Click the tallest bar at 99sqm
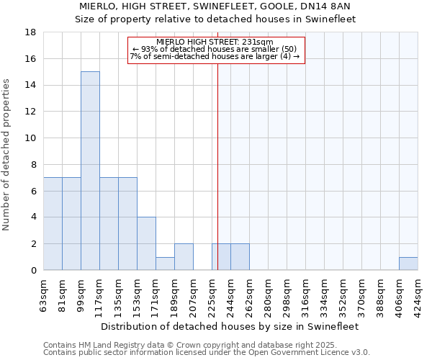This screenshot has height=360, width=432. [90, 171]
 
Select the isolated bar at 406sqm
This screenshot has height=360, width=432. [408, 264]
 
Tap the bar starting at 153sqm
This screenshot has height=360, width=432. [146, 243]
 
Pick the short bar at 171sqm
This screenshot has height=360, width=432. [165, 264]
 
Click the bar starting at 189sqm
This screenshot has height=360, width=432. [184, 257]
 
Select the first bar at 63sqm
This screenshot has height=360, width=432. [53, 224]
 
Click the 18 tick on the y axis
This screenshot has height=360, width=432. [31, 32]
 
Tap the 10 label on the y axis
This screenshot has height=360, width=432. [31, 138]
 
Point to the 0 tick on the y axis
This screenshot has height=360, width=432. [34, 271]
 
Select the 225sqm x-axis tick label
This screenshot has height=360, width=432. [212, 293]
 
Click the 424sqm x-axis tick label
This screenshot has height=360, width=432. [418, 293]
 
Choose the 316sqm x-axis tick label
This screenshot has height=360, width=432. [305, 293]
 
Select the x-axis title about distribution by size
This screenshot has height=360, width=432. [230, 326]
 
